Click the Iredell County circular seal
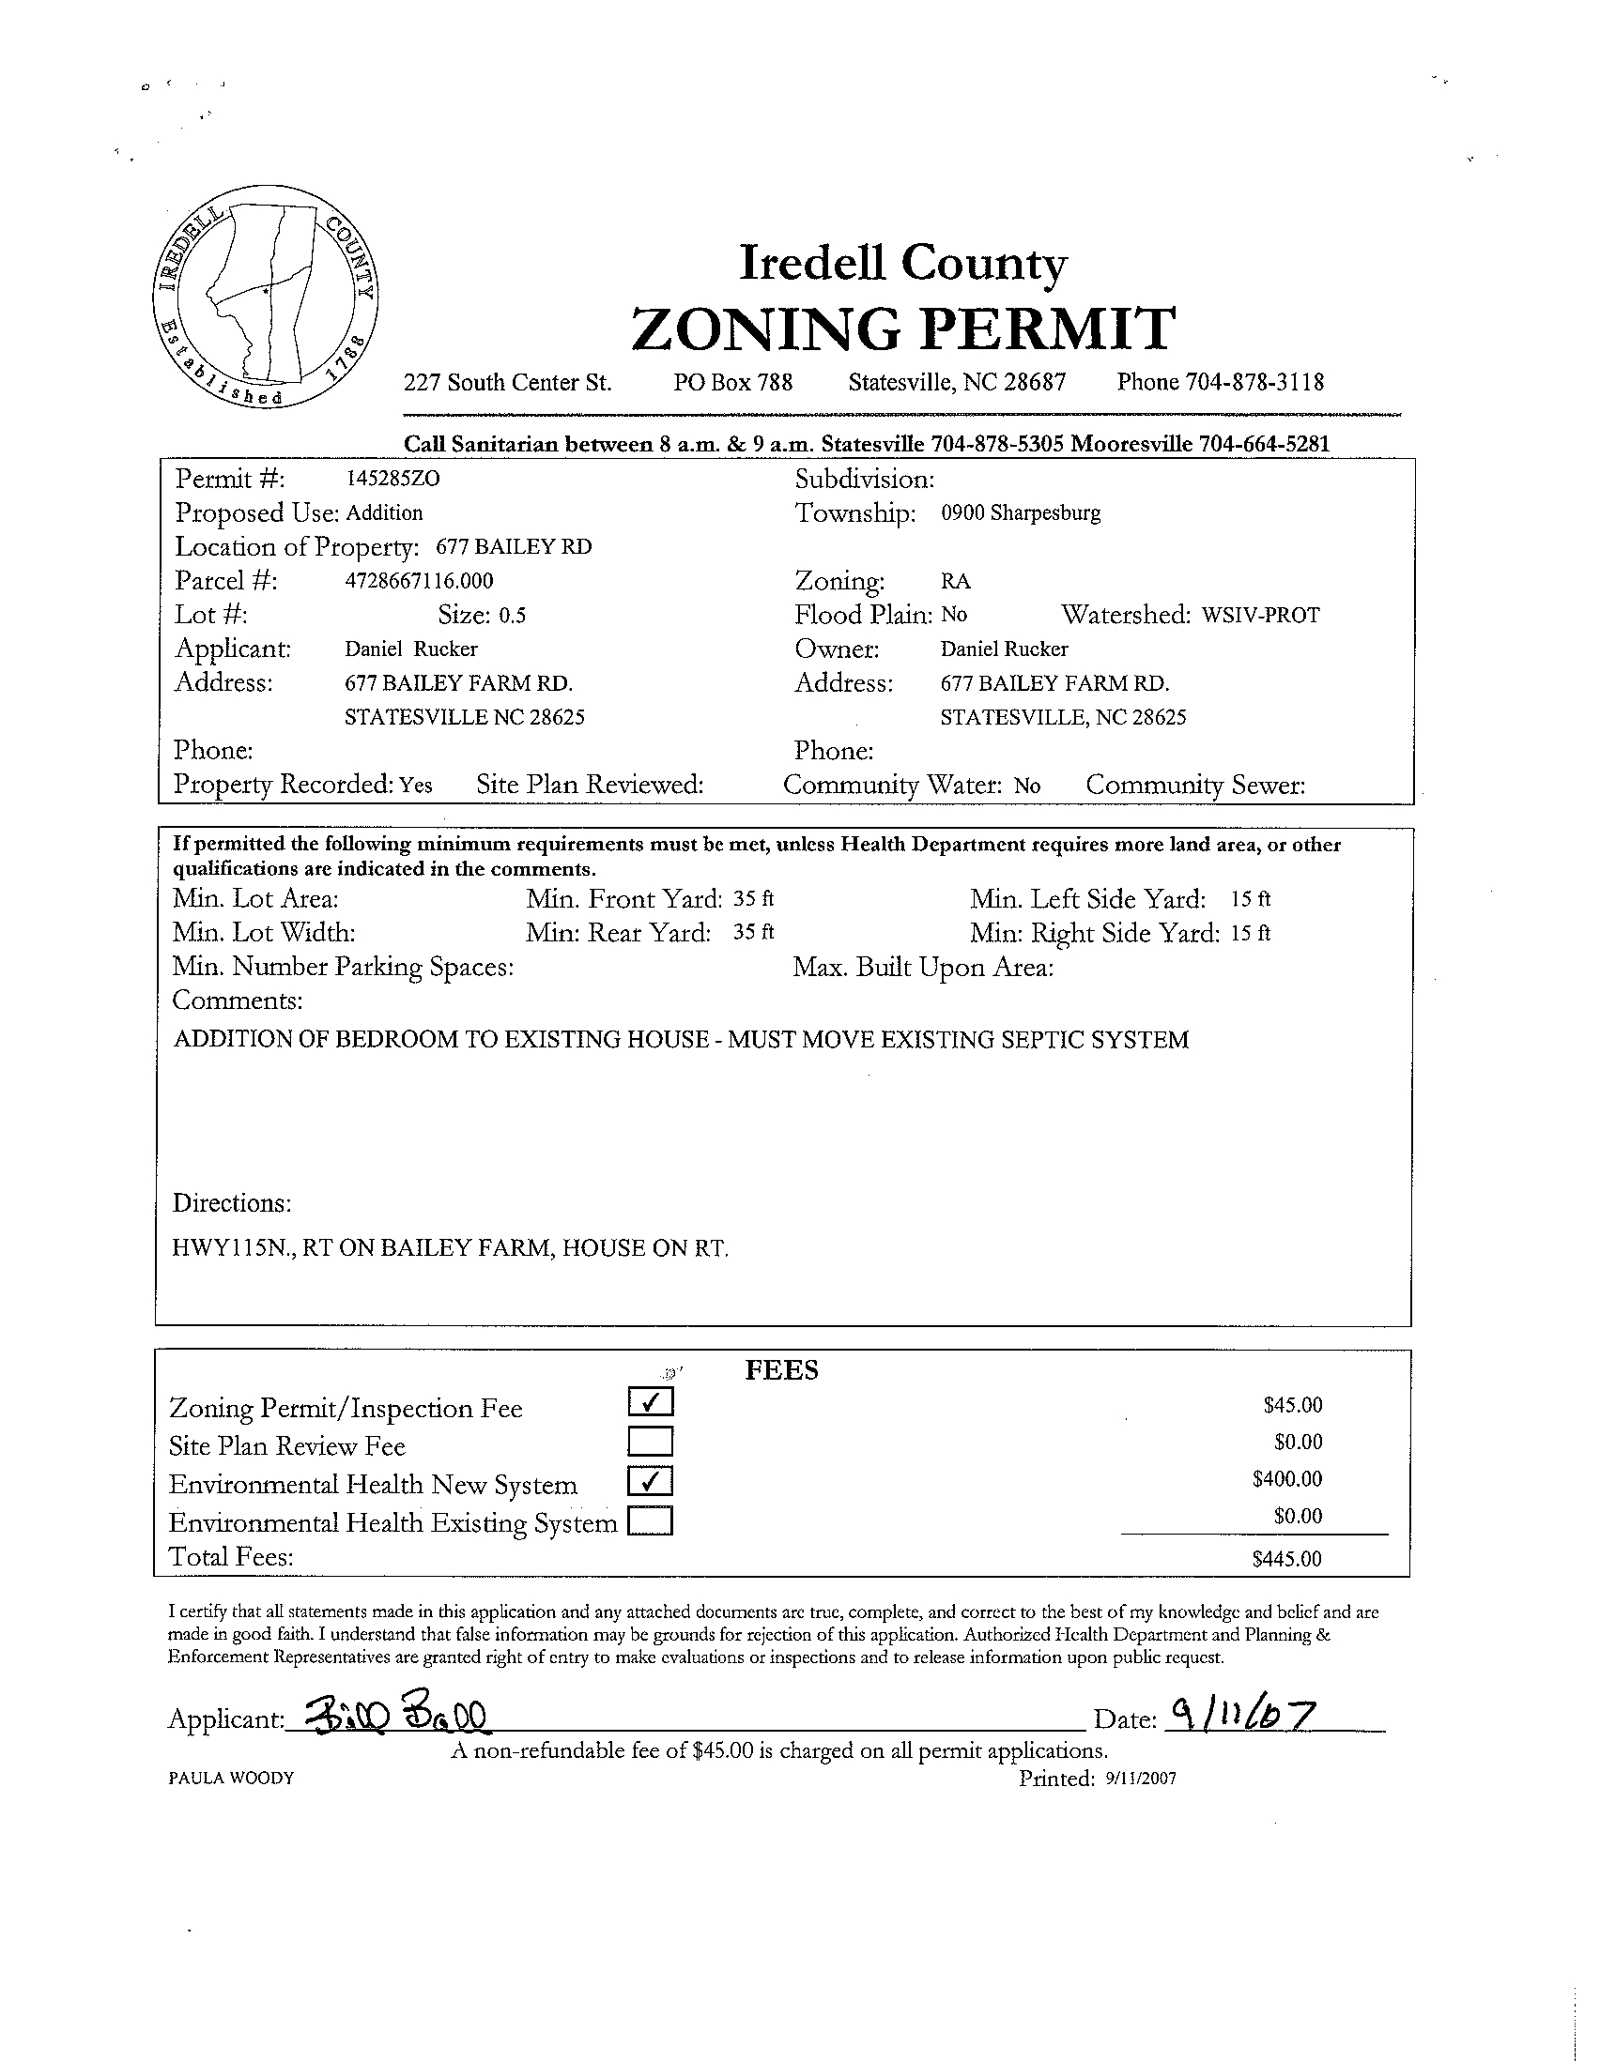[x=266, y=298]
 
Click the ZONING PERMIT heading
[x=902, y=328]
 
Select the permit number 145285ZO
[x=392, y=479]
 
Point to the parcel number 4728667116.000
[x=420, y=581]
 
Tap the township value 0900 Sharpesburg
[x=1020, y=513]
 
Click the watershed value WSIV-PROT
[x=1261, y=616]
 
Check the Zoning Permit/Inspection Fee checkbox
[x=650, y=1402]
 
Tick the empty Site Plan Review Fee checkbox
[x=650, y=1441]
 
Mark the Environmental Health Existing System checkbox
[x=650, y=1520]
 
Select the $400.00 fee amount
[x=1286, y=1479]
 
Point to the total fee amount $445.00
[x=1286, y=1559]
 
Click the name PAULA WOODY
[x=230, y=1779]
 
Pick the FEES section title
[x=781, y=1370]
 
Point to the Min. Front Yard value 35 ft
[x=753, y=899]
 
